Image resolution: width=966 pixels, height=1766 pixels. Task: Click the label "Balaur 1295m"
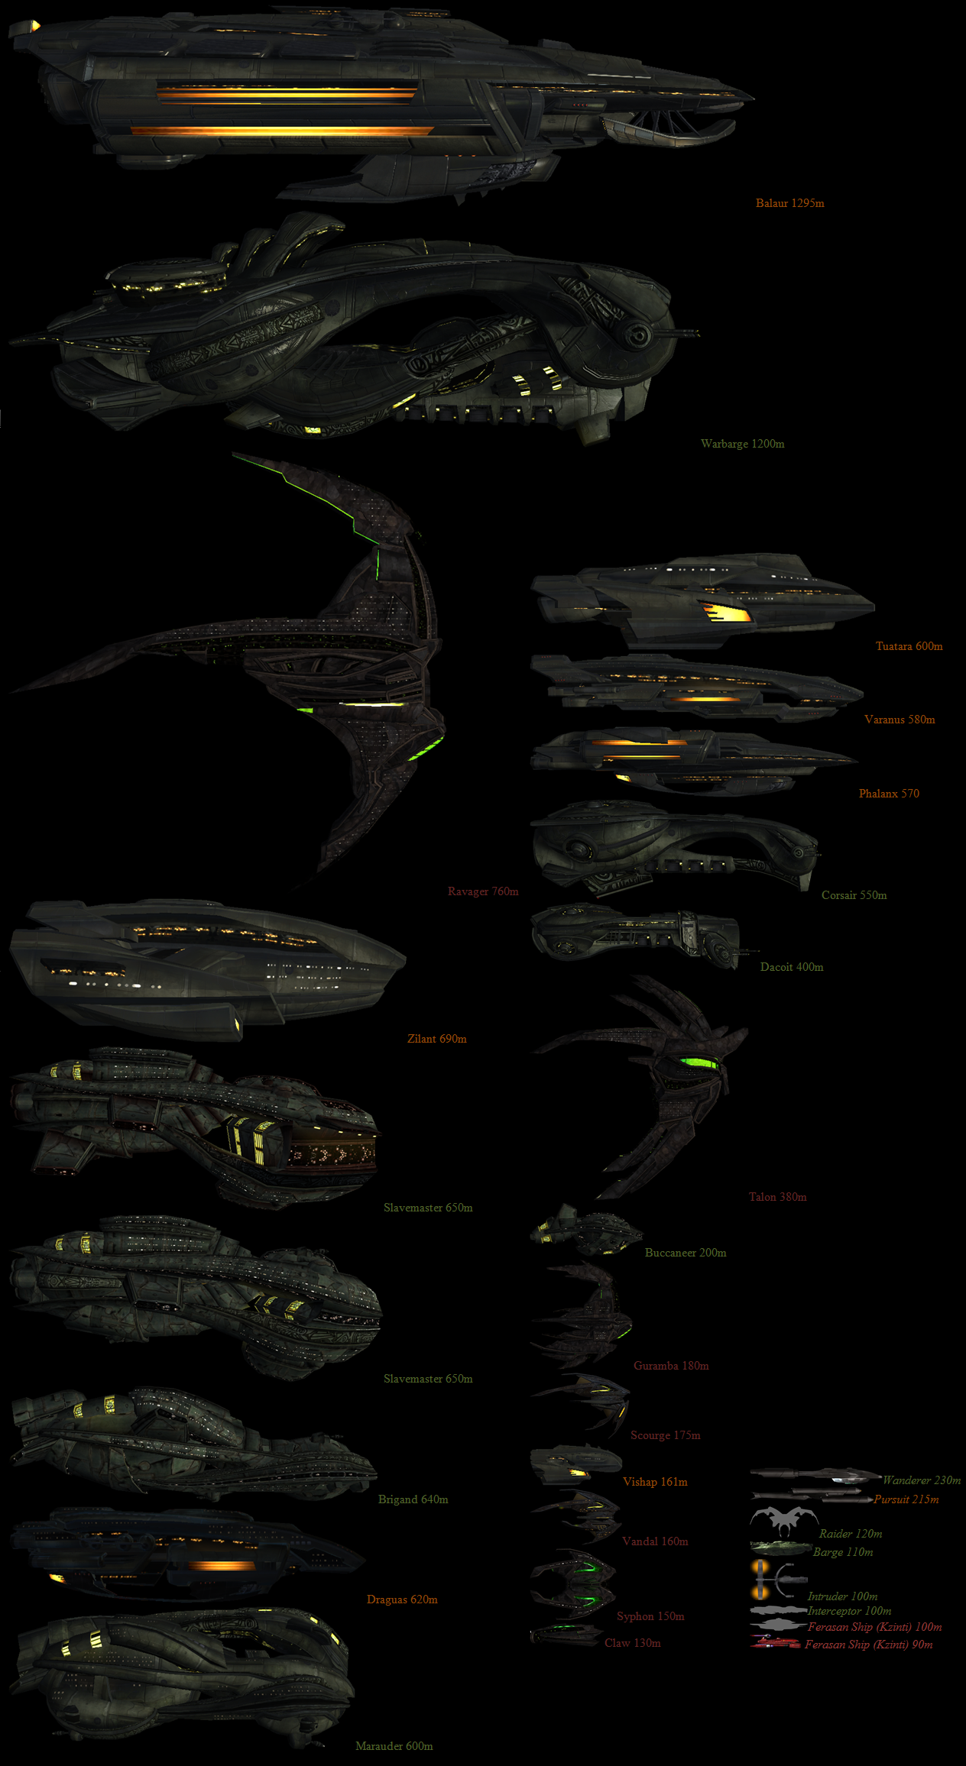point(789,203)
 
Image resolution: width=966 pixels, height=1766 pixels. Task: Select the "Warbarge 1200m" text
point(742,444)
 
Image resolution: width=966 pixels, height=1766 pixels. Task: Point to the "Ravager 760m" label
point(483,891)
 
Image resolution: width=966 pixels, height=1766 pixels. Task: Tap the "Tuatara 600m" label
point(909,646)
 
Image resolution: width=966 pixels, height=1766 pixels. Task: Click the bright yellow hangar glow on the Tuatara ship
point(725,612)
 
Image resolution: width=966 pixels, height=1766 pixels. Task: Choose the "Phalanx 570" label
point(889,794)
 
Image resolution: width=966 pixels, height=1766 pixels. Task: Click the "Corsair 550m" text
point(854,895)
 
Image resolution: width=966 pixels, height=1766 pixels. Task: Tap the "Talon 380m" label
point(777,1197)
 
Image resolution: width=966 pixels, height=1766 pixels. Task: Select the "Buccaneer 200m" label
point(686,1253)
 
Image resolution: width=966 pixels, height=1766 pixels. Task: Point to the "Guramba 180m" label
point(671,1366)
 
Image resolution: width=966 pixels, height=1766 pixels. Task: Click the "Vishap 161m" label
point(655,1482)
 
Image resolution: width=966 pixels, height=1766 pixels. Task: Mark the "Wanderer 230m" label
point(921,1480)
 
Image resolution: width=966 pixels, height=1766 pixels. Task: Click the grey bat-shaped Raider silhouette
point(783,1520)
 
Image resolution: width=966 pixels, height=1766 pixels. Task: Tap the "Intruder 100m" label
point(842,1596)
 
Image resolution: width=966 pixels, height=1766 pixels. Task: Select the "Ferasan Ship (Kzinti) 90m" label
point(868,1645)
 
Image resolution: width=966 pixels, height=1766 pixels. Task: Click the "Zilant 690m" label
point(436,1039)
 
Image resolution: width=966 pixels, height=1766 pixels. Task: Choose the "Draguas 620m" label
point(402,1599)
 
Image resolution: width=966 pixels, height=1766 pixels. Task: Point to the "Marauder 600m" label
point(394,1746)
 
